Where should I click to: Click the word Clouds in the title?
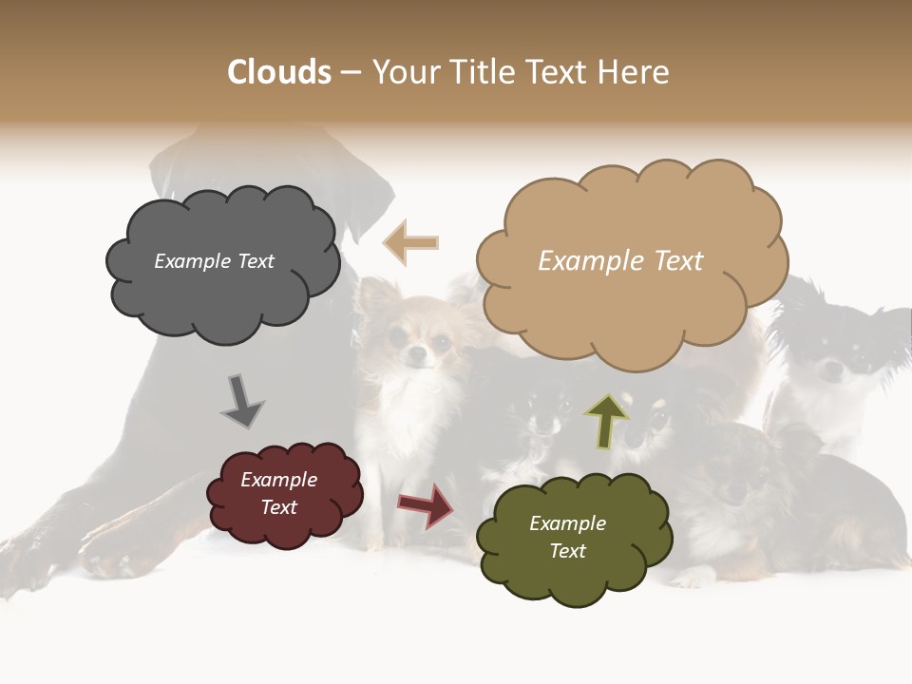click(x=279, y=72)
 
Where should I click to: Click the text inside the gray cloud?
click(x=214, y=261)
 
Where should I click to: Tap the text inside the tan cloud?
click(x=620, y=261)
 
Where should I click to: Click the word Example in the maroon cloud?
click(x=278, y=480)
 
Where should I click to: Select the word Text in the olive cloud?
click(x=567, y=551)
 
